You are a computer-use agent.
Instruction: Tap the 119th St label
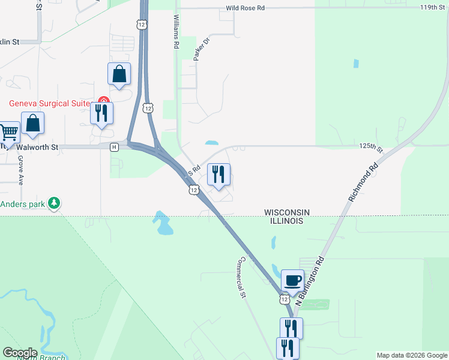[432, 8]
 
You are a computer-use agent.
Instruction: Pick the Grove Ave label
[20, 170]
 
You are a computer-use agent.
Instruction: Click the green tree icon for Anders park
[55, 203]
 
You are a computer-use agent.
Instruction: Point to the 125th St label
[371, 147]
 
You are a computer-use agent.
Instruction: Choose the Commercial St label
[242, 277]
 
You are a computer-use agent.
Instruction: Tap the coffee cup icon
[292, 280]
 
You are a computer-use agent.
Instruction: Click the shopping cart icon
[8, 132]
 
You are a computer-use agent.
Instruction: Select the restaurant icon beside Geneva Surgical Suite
[101, 113]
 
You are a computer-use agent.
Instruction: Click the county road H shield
[113, 147]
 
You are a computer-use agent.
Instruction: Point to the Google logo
[20, 353]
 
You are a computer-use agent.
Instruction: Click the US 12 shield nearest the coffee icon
[285, 298]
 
